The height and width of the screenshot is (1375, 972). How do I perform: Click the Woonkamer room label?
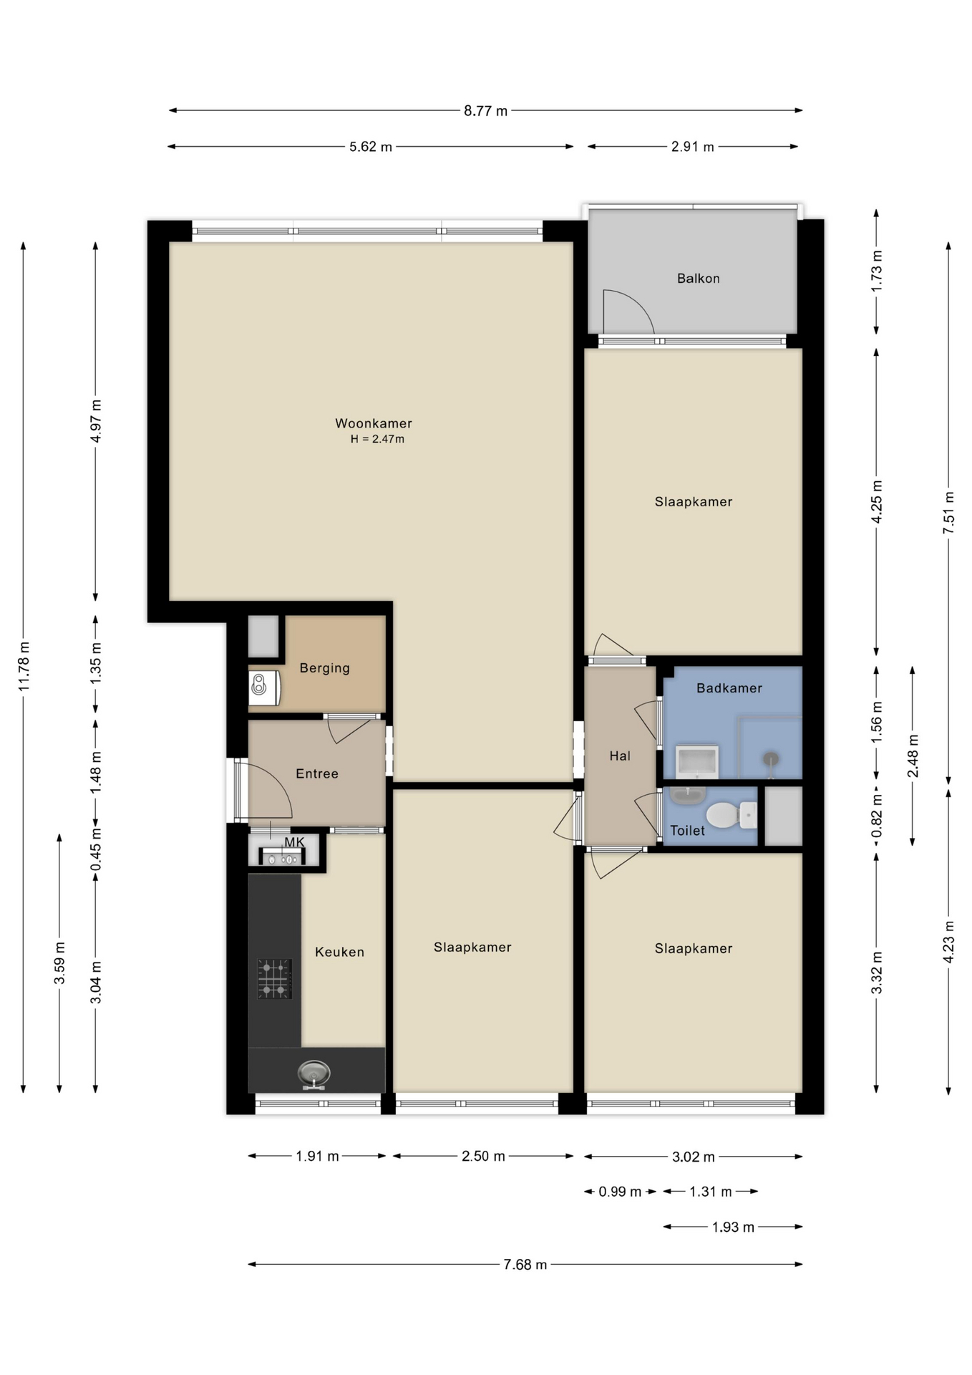point(373,423)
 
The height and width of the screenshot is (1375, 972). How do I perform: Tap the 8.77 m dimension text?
point(485,111)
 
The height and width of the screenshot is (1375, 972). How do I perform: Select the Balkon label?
point(698,279)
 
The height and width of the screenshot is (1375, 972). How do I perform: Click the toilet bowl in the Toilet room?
point(723,815)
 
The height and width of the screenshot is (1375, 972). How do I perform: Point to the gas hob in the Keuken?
point(274,979)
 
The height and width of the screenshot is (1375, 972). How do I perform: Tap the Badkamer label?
point(729,688)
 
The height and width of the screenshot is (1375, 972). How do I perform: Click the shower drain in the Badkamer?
point(770,758)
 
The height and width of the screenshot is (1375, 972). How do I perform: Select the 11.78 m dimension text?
point(24,667)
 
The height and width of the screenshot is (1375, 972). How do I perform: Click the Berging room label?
point(324,668)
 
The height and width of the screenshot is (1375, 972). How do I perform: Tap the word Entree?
point(316,773)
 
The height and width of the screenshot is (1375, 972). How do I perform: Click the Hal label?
point(619,756)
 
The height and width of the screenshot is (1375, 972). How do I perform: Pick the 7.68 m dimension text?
point(525,1265)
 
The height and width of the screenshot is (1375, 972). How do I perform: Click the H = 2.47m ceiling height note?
point(377,440)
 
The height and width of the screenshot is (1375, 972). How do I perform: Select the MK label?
point(294,842)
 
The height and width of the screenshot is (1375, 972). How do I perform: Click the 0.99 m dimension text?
point(619,1192)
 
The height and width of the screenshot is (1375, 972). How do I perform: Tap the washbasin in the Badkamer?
point(696,762)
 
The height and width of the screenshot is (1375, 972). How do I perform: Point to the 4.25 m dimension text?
point(876,501)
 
